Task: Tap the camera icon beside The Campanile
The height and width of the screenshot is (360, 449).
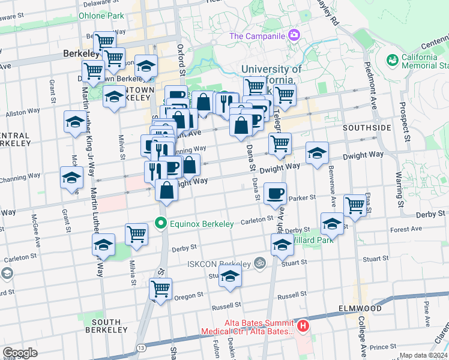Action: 294,34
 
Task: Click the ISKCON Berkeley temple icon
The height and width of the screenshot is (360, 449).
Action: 259,263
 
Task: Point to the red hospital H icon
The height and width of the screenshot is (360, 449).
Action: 303,327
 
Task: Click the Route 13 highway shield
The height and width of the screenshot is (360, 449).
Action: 141,346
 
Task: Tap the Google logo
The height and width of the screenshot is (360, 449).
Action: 20,353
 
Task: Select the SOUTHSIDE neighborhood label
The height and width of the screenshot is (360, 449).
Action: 367,128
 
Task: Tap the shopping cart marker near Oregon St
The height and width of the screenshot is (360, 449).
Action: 161,289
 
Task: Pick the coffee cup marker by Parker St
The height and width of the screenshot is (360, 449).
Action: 276,193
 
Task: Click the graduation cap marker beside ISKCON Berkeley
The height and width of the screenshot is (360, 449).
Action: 229,277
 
